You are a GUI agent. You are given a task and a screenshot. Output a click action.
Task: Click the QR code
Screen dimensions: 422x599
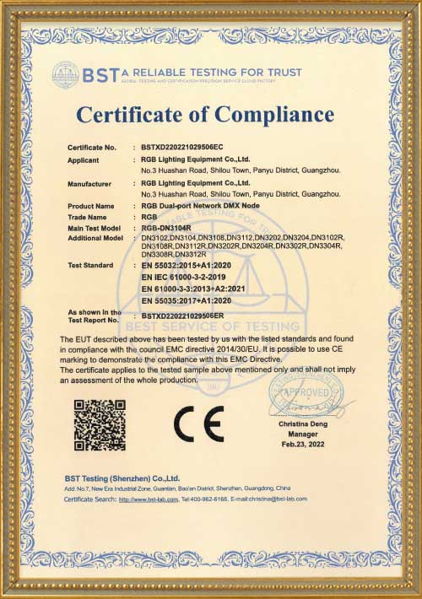(100, 424)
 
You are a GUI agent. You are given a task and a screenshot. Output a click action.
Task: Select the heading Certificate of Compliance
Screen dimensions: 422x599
(205, 114)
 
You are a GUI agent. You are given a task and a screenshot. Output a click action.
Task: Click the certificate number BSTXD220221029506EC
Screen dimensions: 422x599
(181, 148)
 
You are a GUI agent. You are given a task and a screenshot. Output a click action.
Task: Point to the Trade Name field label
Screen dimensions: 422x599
(87, 217)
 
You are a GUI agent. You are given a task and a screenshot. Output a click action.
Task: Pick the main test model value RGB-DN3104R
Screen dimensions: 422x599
(166, 228)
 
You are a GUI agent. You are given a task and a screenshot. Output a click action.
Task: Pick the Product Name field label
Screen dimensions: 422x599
(90, 206)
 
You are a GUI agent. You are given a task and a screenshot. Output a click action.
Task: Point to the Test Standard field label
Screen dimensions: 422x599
(91, 265)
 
